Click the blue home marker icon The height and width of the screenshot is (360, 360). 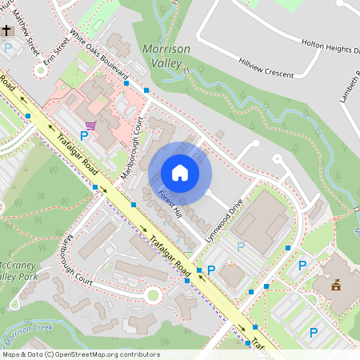pyautogui.click(x=180, y=172)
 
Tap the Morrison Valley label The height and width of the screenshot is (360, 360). pyautogui.click(x=166, y=55)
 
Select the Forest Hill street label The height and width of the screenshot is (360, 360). pyautogui.click(x=170, y=204)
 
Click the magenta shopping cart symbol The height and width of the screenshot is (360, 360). pyautogui.click(x=90, y=125)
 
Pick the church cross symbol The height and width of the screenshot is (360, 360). pyautogui.click(x=7, y=30)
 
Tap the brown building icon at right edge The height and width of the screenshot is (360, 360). pyautogui.click(x=336, y=284)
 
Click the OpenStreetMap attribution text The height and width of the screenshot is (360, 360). pyautogui.click(x=80, y=354)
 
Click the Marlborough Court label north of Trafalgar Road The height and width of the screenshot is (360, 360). pyautogui.click(x=131, y=149)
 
